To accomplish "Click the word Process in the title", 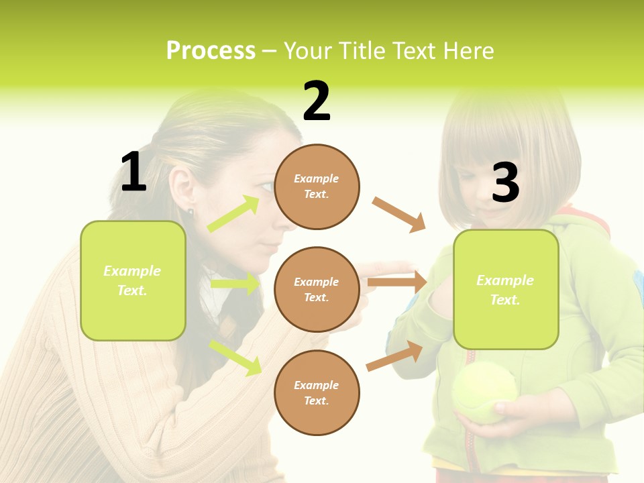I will click(x=211, y=51).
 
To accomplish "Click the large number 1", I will click(x=133, y=172).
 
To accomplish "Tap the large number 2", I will click(x=317, y=101).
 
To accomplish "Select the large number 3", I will click(x=505, y=182).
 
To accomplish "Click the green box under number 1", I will click(x=133, y=280).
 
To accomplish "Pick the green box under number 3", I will click(x=506, y=289).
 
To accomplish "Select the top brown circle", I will click(x=317, y=186).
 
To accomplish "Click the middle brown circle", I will click(x=317, y=289).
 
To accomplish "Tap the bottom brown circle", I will click(x=317, y=392).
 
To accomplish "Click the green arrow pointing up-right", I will click(x=234, y=214).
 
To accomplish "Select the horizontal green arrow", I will click(x=235, y=284).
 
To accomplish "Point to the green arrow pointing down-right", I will click(x=235, y=357).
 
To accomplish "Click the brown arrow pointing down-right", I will click(x=399, y=215).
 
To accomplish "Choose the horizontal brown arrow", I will click(x=398, y=282).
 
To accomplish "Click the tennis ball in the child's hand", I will click(x=484, y=392).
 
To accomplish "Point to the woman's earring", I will click(x=191, y=213).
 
